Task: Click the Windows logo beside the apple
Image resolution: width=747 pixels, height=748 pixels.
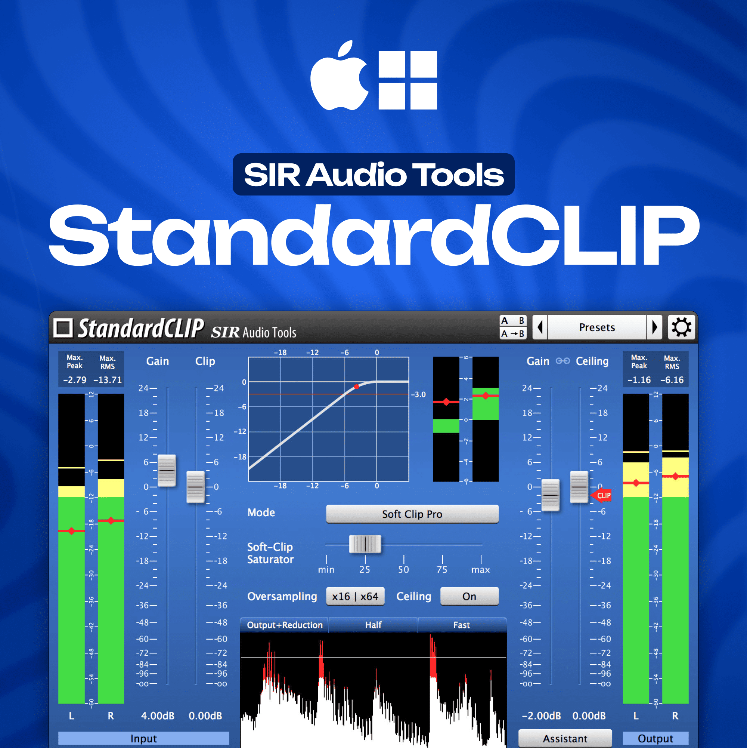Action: click(x=408, y=80)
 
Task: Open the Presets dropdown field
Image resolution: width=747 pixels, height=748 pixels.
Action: click(x=597, y=327)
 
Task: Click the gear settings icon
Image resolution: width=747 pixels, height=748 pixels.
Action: click(x=681, y=327)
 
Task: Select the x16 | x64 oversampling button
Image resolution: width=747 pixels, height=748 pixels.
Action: click(x=355, y=597)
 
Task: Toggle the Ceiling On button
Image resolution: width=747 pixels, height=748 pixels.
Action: click(x=469, y=597)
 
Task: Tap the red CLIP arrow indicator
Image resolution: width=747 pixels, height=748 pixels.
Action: click(x=601, y=496)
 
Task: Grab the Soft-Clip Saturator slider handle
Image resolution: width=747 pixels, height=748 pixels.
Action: click(x=365, y=544)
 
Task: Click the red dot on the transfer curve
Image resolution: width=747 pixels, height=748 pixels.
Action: click(x=356, y=387)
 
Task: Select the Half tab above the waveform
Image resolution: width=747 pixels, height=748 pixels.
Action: click(x=373, y=625)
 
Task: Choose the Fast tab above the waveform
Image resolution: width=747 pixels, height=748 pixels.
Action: click(x=462, y=625)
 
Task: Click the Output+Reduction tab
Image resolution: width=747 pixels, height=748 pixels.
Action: click(x=284, y=625)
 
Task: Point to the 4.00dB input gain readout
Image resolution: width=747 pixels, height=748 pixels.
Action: click(x=158, y=716)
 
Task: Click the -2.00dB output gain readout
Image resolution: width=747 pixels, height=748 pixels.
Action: click(x=541, y=716)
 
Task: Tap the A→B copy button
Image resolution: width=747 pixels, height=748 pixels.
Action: click(x=513, y=334)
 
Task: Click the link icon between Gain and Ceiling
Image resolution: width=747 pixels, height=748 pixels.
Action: click(x=562, y=361)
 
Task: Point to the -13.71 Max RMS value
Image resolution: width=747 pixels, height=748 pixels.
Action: click(x=108, y=380)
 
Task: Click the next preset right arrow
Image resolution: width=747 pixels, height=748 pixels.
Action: click(x=654, y=327)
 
